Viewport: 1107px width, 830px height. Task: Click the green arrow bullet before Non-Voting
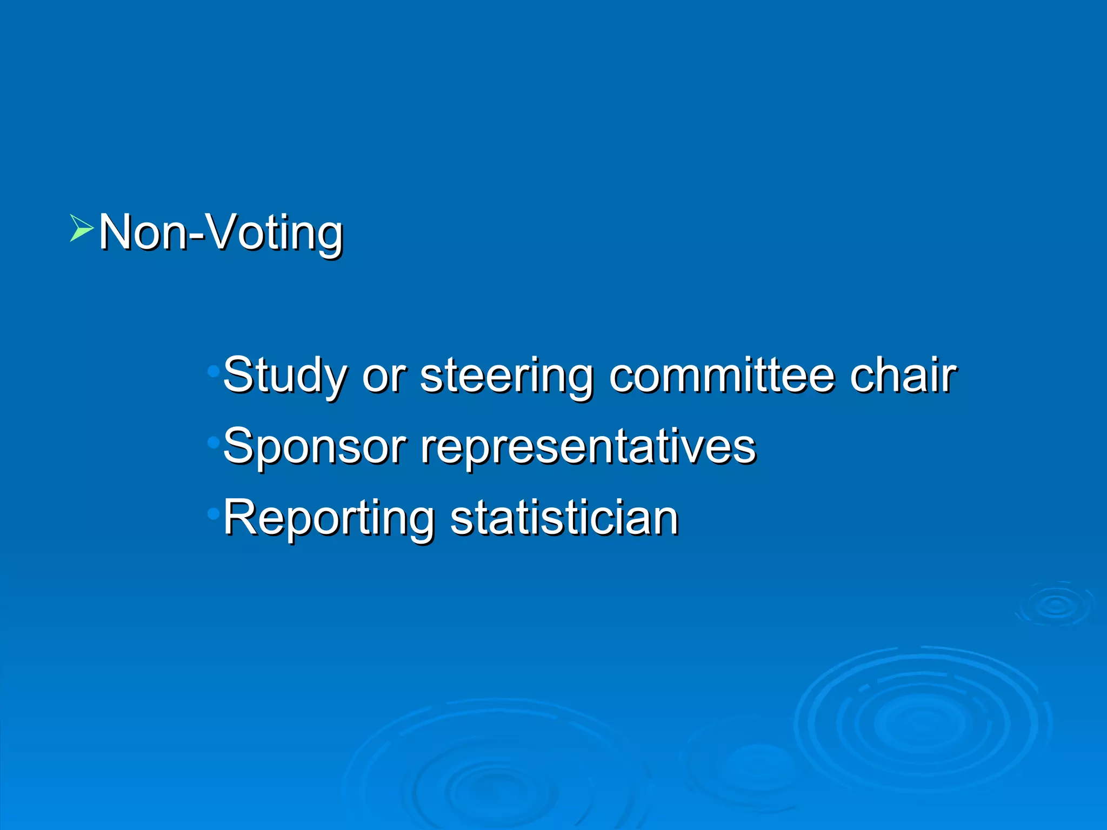81,228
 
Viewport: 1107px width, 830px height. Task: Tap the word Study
284,376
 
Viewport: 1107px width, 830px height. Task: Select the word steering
506,376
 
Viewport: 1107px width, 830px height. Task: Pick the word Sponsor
314,446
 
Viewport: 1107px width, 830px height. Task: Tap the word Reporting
329,518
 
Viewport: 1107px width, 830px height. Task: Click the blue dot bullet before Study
214,371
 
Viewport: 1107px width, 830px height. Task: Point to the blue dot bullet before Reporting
214,514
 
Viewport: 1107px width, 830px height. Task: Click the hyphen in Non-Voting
198,236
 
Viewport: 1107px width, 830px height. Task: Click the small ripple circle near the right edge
1056,605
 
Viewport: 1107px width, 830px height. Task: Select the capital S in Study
238,374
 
